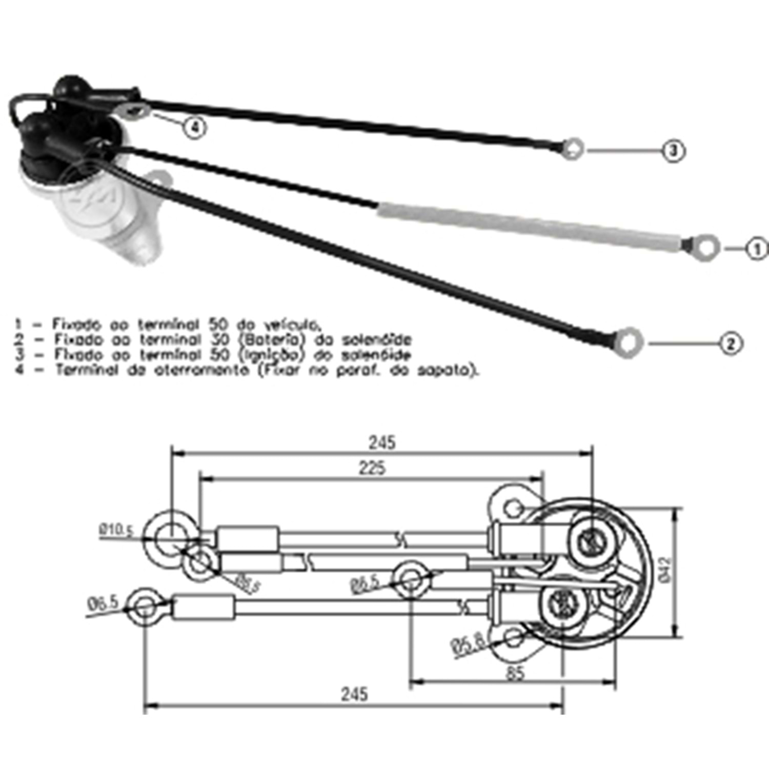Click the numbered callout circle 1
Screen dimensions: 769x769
click(x=757, y=249)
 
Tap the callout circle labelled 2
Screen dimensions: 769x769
click(x=731, y=343)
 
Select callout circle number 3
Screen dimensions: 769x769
click(x=674, y=151)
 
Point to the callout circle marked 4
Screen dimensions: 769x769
click(x=194, y=127)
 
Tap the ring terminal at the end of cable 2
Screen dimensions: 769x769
click(x=629, y=342)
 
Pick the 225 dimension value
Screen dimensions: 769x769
click(x=373, y=468)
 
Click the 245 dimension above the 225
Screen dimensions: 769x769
click(x=382, y=442)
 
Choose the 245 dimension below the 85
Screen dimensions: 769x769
click(x=354, y=694)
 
